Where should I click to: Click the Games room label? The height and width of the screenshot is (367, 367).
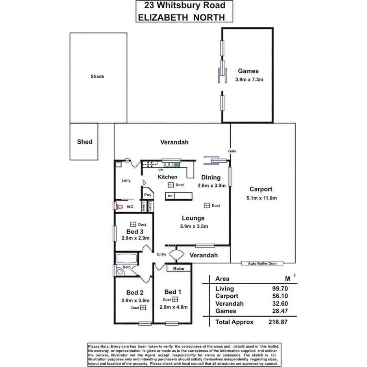coord(248,71)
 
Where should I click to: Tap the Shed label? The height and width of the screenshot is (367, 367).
coord(85,142)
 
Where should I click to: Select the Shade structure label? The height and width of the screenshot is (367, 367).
coord(97,76)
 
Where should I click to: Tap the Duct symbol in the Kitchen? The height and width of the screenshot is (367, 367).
coord(171,185)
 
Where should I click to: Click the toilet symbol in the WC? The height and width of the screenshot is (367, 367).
coord(119,206)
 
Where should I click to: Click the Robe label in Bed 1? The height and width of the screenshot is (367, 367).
coord(179,269)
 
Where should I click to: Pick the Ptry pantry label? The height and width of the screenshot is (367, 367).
coord(148,195)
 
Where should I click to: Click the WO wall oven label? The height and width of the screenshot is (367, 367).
coord(170,195)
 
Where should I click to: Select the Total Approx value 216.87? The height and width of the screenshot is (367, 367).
coord(278,322)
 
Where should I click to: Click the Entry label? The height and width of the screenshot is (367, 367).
coord(161,254)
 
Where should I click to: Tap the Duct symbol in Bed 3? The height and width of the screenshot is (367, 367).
coord(133,224)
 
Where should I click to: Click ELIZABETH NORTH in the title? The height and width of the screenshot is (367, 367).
coord(182,17)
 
